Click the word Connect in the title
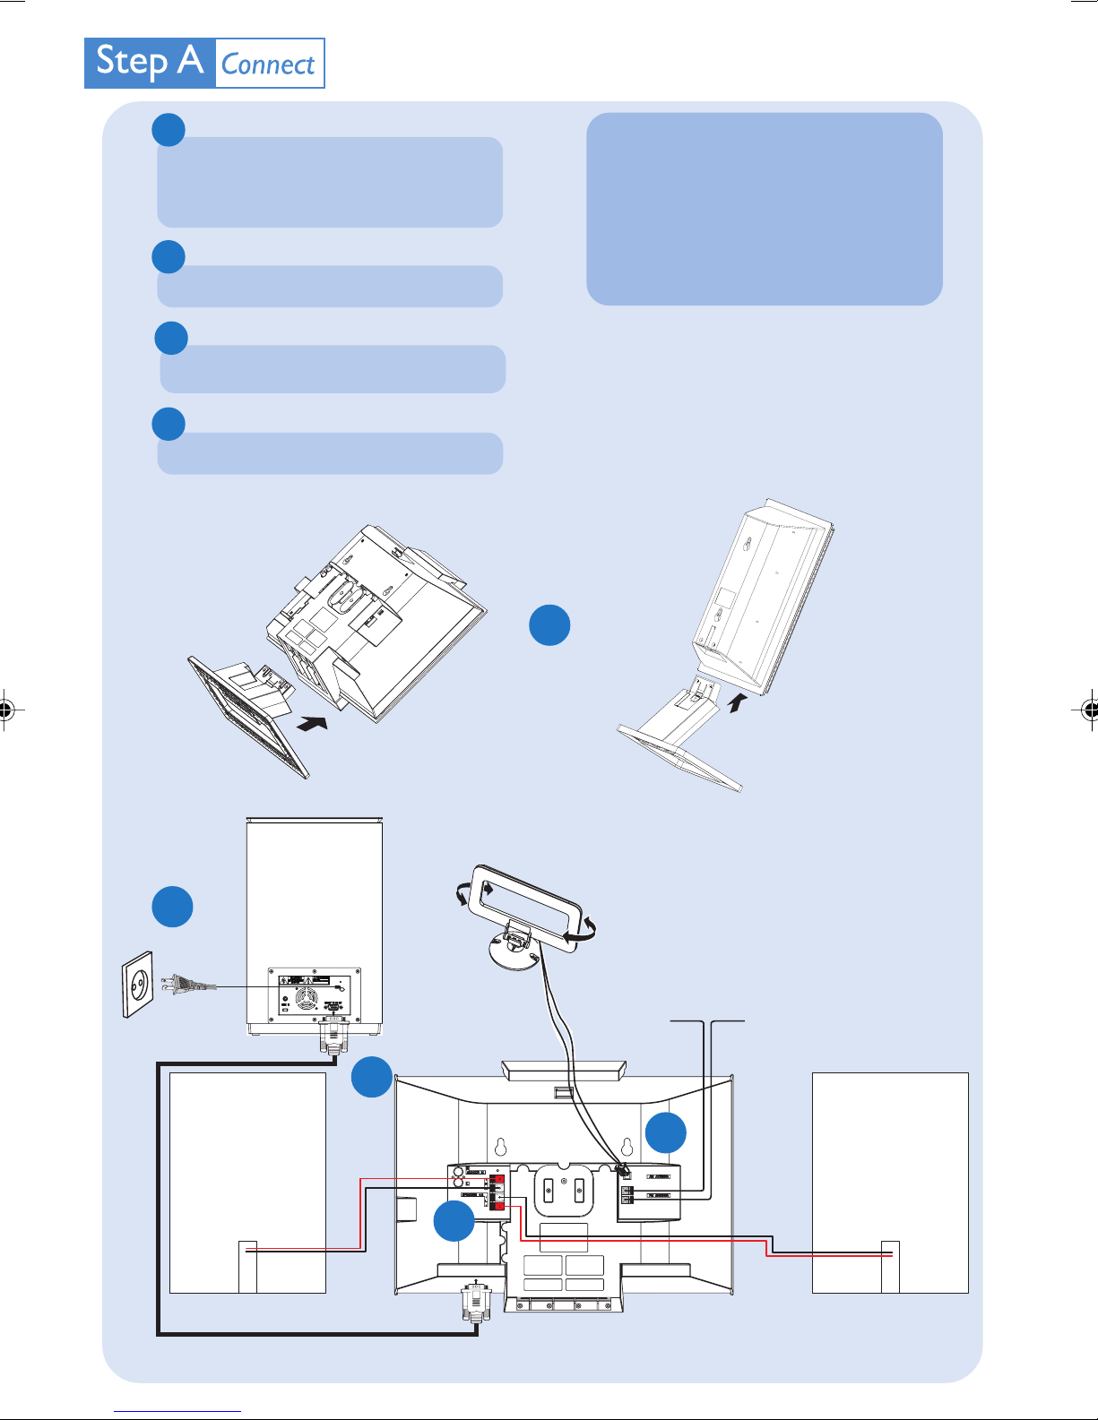click(268, 65)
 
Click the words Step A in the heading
click(150, 62)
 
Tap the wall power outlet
click(138, 985)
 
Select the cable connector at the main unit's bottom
click(475, 1304)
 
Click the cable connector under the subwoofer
click(333, 1040)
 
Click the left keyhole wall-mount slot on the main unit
click(500, 1147)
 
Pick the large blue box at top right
click(764, 209)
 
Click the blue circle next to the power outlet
click(172, 907)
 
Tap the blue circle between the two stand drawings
click(549, 625)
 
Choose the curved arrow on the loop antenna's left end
click(463, 893)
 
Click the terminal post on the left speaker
click(247, 1266)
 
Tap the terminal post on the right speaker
click(890, 1266)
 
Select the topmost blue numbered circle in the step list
click(169, 130)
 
